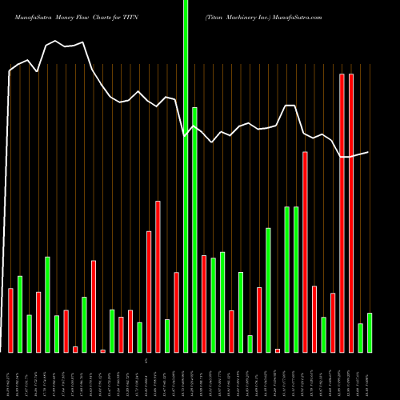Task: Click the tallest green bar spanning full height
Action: (186, 176)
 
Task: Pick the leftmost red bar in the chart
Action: (10, 320)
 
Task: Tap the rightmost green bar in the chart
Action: (370, 332)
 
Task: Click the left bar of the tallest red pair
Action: (342, 213)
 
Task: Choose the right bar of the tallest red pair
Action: (351, 213)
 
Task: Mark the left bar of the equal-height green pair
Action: (286, 279)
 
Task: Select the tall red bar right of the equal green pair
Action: (305, 252)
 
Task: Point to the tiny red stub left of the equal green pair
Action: (278, 350)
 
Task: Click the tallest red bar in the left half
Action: (158, 276)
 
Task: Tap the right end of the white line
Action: (369, 152)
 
